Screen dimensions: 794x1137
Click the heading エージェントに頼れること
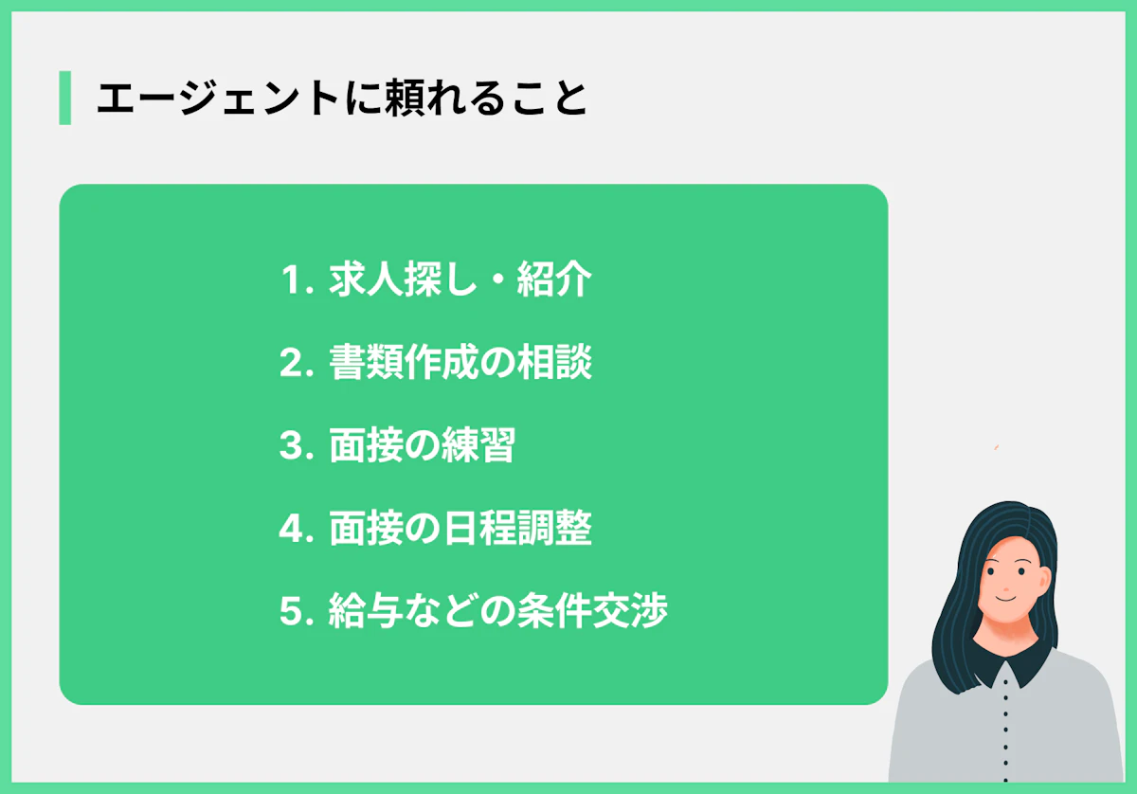pos(341,98)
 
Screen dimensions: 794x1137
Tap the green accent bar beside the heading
pos(64,98)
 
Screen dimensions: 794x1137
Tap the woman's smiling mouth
pos(1004,599)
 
